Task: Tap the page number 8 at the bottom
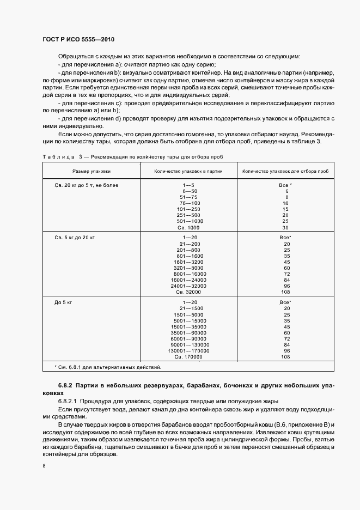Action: [44, 466]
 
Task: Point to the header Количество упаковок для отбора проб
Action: [285, 171]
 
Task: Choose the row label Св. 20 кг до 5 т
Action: [87, 185]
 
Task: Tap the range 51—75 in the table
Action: [188, 197]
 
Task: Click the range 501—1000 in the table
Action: [188, 221]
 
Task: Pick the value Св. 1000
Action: [188, 227]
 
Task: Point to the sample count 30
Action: [285, 227]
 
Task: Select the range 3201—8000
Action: [188, 268]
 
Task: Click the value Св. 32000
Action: [188, 292]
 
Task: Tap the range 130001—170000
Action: [188, 350]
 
